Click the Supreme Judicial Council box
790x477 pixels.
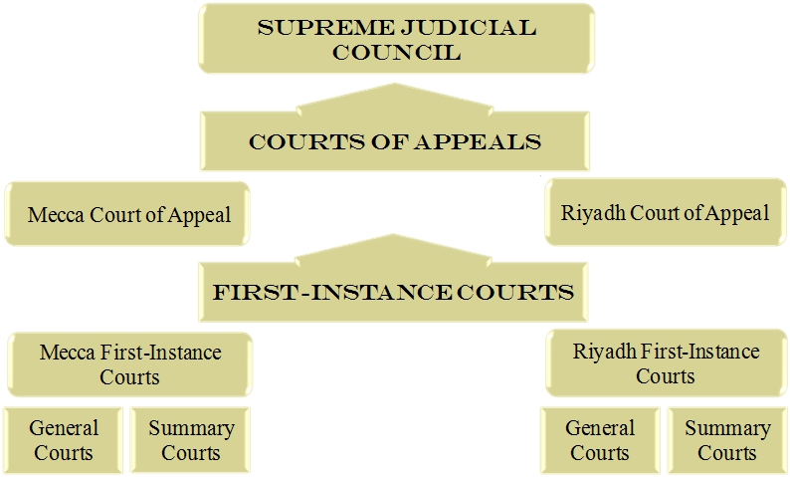[396, 39]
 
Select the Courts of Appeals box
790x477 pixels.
[395, 142]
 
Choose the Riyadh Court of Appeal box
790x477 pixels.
[665, 212]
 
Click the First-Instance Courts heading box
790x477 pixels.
[394, 293]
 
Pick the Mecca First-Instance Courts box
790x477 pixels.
[130, 364]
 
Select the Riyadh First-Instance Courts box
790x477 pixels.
[666, 363]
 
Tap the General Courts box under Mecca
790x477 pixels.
[64, 440]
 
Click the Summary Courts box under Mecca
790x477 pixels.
[191, 440]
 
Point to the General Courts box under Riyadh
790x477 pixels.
[600, 440]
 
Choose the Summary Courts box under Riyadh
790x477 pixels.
[727, 440]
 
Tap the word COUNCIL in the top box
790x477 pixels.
[396, 52]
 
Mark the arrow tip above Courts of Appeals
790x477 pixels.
[395, 86]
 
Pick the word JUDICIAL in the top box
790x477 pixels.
[452, 27]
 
